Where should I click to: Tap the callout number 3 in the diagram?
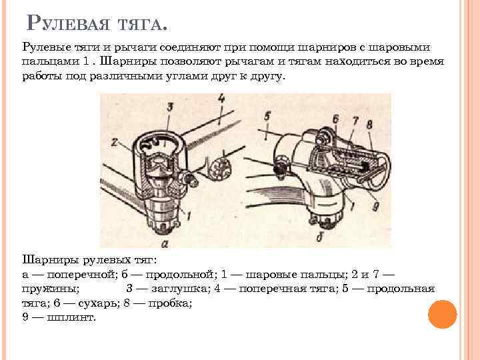click(170, 107)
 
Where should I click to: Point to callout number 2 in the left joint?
click(114, 142)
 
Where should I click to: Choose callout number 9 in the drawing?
click(377, 206)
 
